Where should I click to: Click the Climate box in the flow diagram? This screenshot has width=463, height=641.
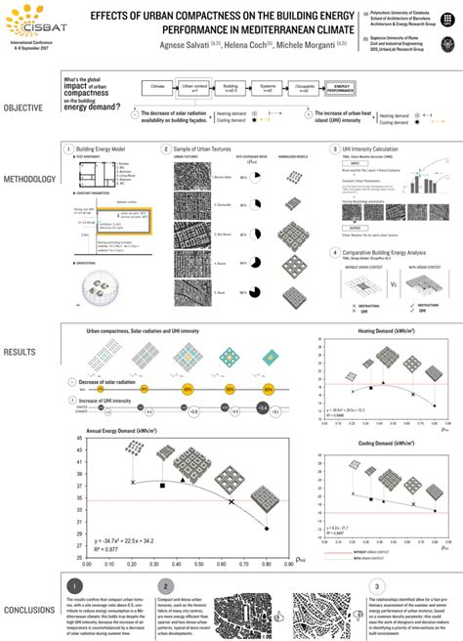159,87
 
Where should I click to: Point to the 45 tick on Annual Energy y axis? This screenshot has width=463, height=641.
79,438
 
